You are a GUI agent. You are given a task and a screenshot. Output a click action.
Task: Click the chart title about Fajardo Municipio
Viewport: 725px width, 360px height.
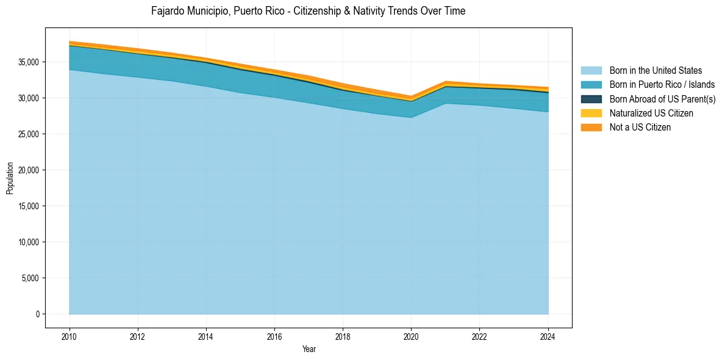308,11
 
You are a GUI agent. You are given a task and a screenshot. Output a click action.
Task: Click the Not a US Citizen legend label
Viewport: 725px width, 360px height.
640,127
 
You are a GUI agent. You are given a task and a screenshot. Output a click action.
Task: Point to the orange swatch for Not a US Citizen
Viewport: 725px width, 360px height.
591,127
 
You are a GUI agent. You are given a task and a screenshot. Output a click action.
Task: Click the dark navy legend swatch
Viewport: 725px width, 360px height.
591,99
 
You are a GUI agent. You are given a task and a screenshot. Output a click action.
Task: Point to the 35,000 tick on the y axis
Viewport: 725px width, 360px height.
29,62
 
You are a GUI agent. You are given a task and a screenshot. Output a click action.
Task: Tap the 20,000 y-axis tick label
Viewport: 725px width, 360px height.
29,170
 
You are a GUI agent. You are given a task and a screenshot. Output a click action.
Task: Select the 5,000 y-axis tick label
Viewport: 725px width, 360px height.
30,278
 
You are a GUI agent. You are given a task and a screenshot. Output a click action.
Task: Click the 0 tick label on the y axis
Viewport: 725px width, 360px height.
37,314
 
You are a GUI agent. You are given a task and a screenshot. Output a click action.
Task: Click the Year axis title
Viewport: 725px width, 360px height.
309,349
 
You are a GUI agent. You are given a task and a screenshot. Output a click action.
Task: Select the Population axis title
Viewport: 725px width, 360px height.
9,178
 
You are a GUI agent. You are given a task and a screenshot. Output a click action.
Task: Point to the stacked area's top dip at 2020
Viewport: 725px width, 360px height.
411,97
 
